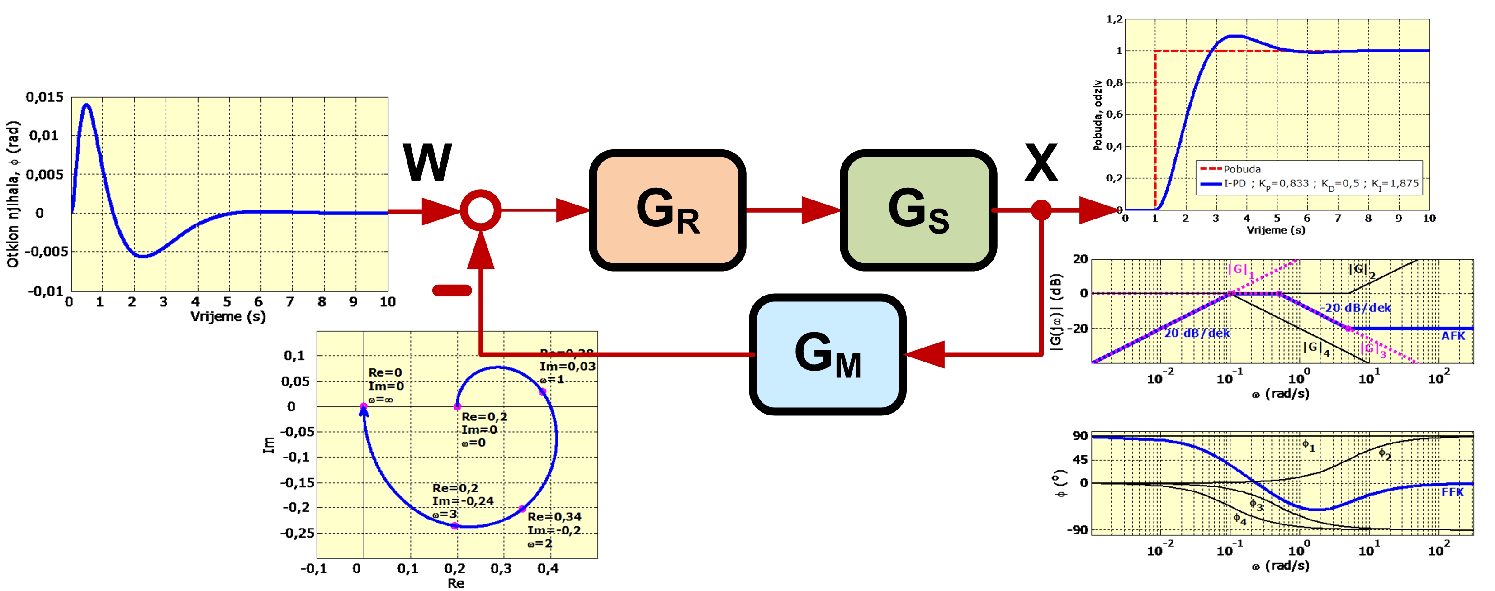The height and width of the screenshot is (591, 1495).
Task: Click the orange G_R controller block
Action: (667, 210)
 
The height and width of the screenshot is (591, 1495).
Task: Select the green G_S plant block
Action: (918, 210)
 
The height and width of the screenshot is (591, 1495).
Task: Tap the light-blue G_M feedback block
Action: (827, 354)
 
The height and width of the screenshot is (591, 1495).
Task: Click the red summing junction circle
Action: (481, 210)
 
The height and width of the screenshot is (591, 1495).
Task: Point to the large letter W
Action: (427, 164)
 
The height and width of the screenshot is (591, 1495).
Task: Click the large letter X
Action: (1041, 164)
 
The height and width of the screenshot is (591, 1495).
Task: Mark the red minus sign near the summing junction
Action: (452, 290)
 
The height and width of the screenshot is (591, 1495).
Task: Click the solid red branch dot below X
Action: (1041, 210)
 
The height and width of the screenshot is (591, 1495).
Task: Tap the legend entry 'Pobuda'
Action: (1242, 169)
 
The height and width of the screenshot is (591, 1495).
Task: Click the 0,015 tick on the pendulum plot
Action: (45, 97)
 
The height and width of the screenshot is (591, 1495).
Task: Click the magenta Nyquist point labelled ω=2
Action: (522, 509)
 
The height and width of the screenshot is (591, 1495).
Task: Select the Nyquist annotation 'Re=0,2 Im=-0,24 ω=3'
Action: (463, 501)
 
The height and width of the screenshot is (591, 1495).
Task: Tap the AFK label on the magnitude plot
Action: (1452, 336)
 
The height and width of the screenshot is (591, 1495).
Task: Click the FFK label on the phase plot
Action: (1452, 492)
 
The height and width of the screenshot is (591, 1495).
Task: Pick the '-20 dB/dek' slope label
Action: (1355, 308)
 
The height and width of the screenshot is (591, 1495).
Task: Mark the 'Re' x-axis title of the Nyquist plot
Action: (455, 583)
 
